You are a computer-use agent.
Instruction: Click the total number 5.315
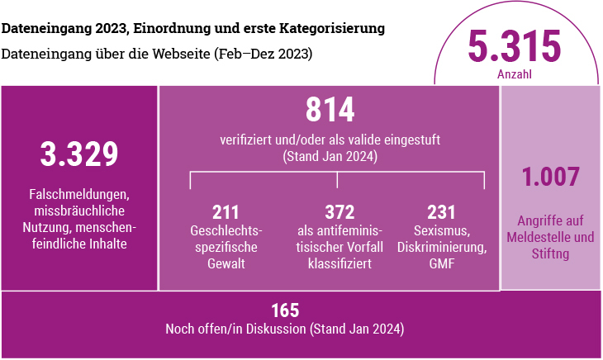tap(514, 47)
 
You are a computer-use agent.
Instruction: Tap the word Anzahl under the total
tap(514, 74)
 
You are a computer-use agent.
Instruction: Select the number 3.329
tap(79, 154)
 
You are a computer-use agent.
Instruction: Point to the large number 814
tap(330, 111)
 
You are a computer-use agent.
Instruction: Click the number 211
tap(226, 212)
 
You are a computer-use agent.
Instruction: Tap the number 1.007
tap(551, 177)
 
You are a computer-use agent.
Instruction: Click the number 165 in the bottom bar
tap(284, 311)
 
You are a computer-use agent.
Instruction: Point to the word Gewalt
tap(226, 264)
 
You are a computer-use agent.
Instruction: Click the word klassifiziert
tap(339, 264)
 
